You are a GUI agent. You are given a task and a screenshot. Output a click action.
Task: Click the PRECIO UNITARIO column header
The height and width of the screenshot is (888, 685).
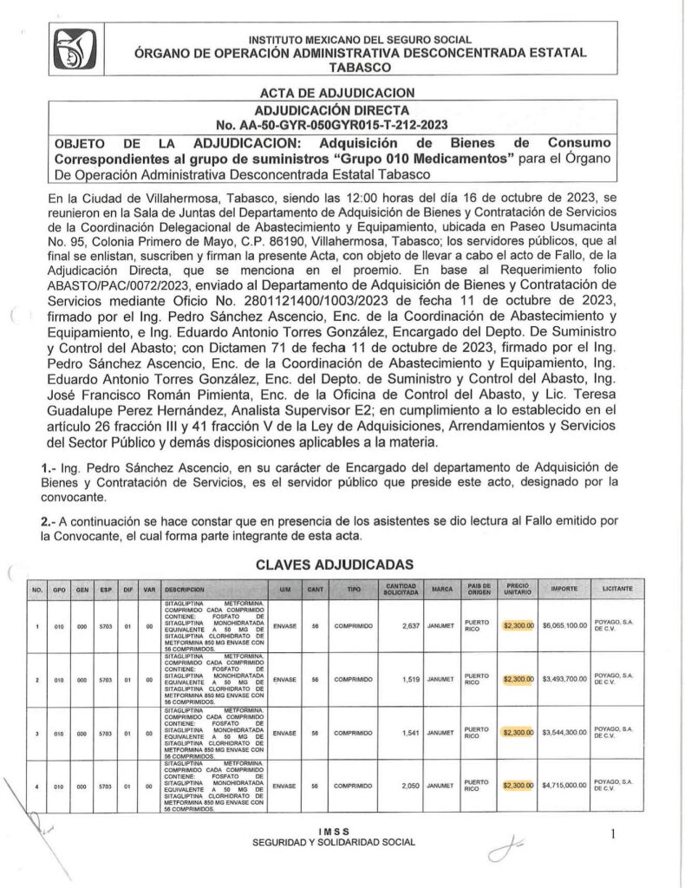point(519,589)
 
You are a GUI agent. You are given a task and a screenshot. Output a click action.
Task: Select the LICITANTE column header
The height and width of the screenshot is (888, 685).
point(617,589)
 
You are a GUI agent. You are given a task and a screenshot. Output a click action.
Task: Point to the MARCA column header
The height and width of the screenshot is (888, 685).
point(442,589)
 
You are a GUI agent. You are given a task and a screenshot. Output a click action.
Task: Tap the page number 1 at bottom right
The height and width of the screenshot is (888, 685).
point(612,834)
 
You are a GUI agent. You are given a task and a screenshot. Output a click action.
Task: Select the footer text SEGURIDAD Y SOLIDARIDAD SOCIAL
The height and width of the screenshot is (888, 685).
point(334,842)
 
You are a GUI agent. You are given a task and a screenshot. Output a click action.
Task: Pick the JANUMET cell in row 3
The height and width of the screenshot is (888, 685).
point(442,733)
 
